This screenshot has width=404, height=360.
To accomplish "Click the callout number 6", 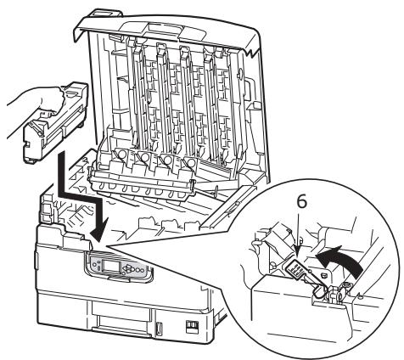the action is pyautogui.click(x=302, y=203).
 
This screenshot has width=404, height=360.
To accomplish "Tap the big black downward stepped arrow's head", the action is pyautogui.click(x=100, y=228).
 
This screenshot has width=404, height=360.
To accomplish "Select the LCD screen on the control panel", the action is pyautogui.click(x=110, y=265).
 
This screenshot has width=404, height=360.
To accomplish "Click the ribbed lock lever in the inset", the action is pyautogui.click(x=295, y=270).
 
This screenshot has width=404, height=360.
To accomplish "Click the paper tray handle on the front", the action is pyautogui.click(x=121, y=329).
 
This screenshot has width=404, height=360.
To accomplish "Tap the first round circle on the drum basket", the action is pyautogui.click(x=121, y=155).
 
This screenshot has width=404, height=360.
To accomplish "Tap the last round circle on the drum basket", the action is pyautogui.click(x=190, y=163).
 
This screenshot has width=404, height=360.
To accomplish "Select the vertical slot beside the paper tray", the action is pyautogui.click(x=159, y=328).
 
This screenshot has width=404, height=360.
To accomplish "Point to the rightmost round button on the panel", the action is pyautogui.click(x=141, y=270).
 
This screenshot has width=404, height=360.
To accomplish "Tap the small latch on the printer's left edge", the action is pyautogui.click(x=36, y=261).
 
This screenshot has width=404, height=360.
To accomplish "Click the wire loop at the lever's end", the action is pyautogui.click(x=319, y=291).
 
